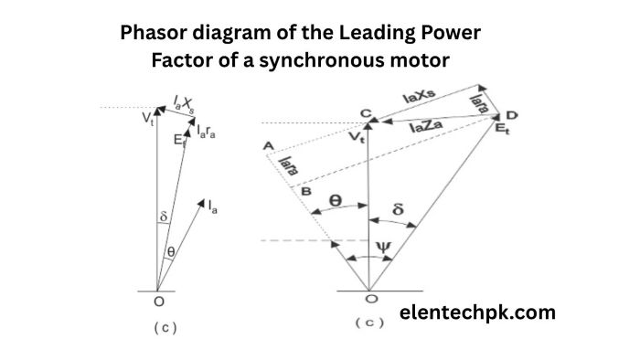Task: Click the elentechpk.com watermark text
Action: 477,312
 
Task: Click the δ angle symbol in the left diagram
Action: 163,217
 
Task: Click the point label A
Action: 267,146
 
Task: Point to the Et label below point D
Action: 502,131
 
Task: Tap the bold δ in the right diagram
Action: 397,209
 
